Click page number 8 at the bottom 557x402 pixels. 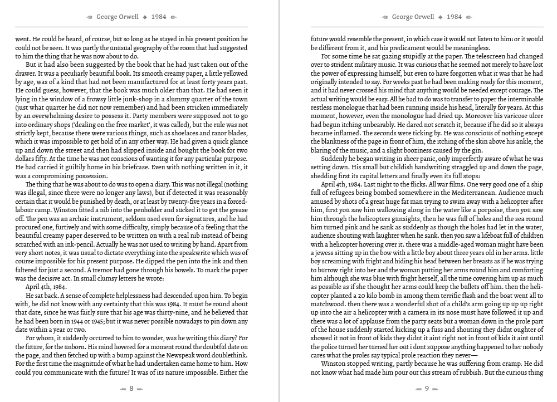[131, 389]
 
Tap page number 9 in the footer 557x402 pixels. [427, 389]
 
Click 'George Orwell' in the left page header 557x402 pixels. [118, 17]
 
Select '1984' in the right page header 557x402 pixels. [454, 17]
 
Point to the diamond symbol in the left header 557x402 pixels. [145, 17]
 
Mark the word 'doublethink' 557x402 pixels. [225, 347]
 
